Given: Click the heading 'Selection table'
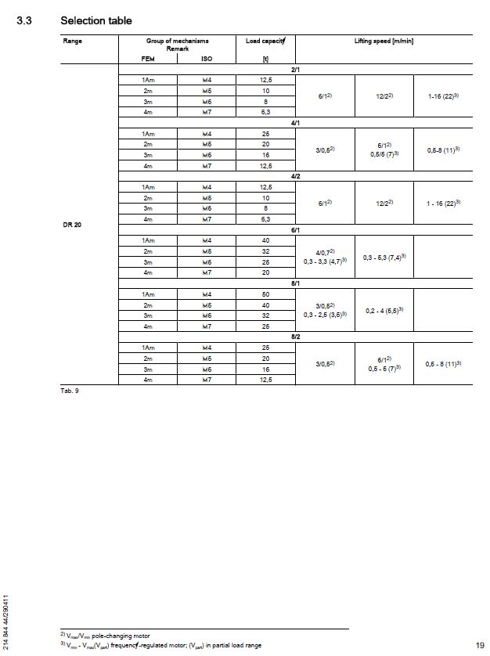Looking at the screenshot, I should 96,20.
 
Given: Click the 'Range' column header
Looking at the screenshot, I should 72,41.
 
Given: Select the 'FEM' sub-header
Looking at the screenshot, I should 148,57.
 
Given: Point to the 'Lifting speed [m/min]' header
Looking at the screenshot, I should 384,41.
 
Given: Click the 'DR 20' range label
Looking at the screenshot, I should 72,225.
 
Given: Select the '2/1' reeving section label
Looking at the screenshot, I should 295,70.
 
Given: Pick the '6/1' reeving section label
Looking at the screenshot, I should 295,229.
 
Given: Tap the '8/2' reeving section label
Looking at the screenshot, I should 295,336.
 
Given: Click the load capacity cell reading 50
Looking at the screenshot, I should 265,294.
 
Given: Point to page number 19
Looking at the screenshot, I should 480,644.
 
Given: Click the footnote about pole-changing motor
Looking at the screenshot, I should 105,635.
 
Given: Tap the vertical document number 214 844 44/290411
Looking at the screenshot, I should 7,622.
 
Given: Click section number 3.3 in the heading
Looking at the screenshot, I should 24,20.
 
